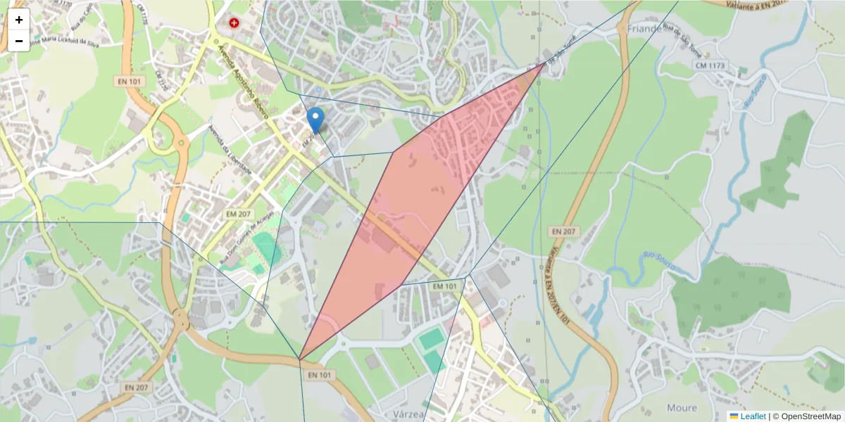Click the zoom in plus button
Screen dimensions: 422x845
pos(19,20)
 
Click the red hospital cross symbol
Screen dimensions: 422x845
pos(234,23)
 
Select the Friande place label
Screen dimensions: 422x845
pos(644,29)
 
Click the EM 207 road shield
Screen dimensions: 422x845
pos(237,212)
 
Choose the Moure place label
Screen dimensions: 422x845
pos(681,407)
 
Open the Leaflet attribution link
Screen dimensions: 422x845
pos(753,416)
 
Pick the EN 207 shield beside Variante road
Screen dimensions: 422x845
pos(563,231)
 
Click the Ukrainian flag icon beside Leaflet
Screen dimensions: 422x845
pos(734,416)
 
